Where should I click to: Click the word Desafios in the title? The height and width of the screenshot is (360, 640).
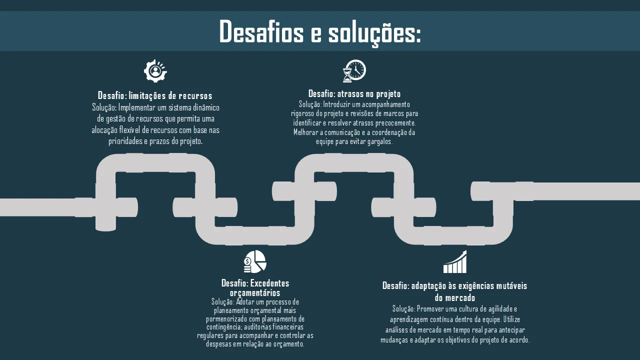coord(261,31)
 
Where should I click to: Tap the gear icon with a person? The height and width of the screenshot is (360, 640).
coord(155,71)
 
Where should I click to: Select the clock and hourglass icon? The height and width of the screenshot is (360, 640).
coord(354,71)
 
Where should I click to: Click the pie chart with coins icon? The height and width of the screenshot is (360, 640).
coord(255,261)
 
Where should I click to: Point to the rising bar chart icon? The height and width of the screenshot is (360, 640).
coord(455,261)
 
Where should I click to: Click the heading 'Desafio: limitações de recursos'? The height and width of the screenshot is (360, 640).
coord(155,95)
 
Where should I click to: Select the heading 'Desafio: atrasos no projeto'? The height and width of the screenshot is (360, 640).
coord(354,93)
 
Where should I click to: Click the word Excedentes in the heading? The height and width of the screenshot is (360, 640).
coord(269,283)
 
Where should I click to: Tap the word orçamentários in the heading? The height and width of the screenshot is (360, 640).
coord(255,293)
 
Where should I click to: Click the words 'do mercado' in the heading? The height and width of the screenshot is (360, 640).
coord(455,298)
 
